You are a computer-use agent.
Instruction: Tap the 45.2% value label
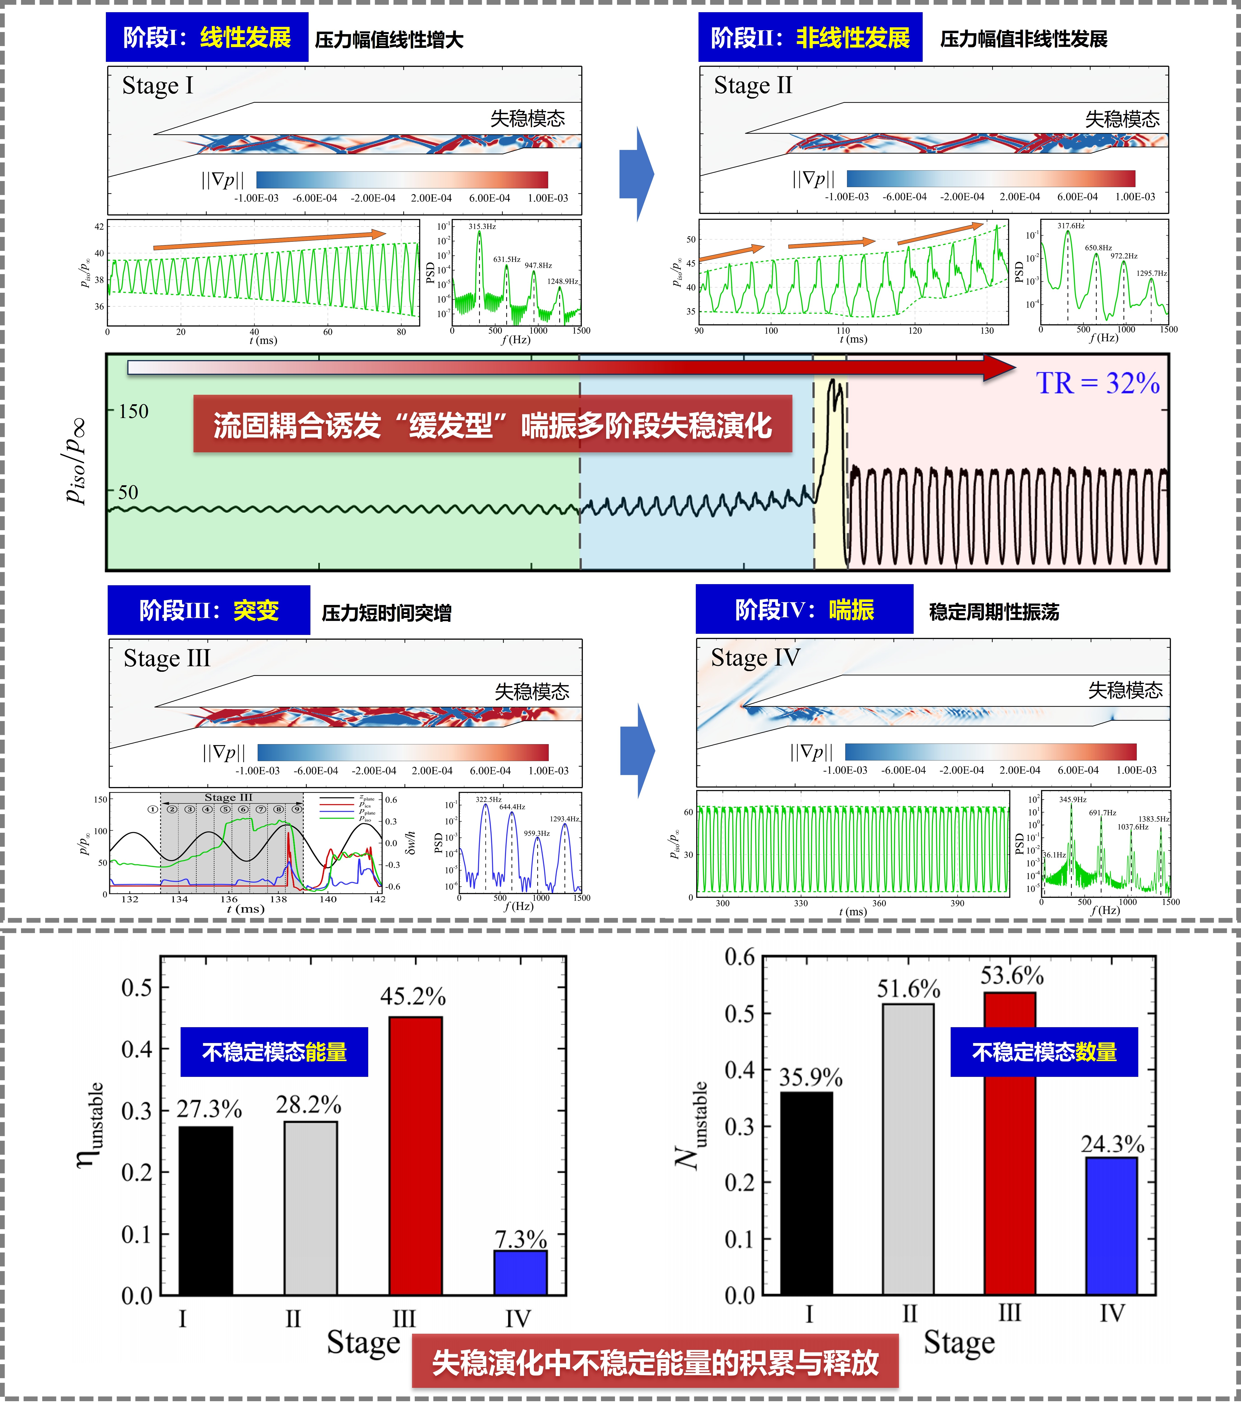coord(413,996)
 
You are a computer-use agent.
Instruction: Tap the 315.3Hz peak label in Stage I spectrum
coord(482,227)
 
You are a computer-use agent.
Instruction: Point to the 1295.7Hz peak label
coord(1151,273)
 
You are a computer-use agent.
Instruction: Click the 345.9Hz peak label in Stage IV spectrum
coord(1072,800)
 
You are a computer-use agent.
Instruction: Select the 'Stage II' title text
coord(753,86)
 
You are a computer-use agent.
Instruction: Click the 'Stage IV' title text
coord(755,657)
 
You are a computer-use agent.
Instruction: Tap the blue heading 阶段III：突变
coord(209,610)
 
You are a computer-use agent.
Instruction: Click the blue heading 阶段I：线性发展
coord(207,38)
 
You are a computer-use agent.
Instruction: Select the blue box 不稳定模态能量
coord(274,1052)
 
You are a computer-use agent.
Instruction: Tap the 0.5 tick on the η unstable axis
coord(137,988)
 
